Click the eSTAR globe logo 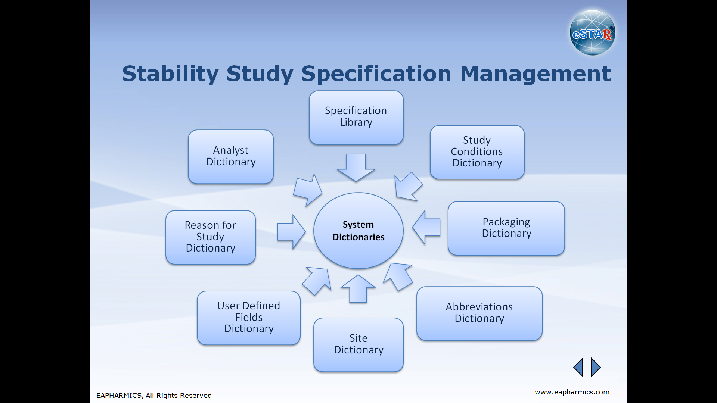[x=592, y=33]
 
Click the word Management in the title [x=536, y=74]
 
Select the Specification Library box [x=356, y=118]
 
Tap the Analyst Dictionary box [x=231, y=157]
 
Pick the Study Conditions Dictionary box [x=477, y=152]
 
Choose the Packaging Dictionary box [x=506, y=228]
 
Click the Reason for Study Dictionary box [x=211, y=237]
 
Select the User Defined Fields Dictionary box [x=249, y=318]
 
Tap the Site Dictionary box [x=358, y=345]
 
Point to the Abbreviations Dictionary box [x=479, y=313]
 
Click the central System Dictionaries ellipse [x=358, y=231]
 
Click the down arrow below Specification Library [x=356, y=168]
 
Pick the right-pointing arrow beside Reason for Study [x=292, y=232]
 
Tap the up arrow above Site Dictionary [x=358, y=289]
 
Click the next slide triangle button [x=595, y=367]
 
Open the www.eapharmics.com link [x=572, y=392]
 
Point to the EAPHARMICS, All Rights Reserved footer [x=154, y=396]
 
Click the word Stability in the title [x=170, y=74]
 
